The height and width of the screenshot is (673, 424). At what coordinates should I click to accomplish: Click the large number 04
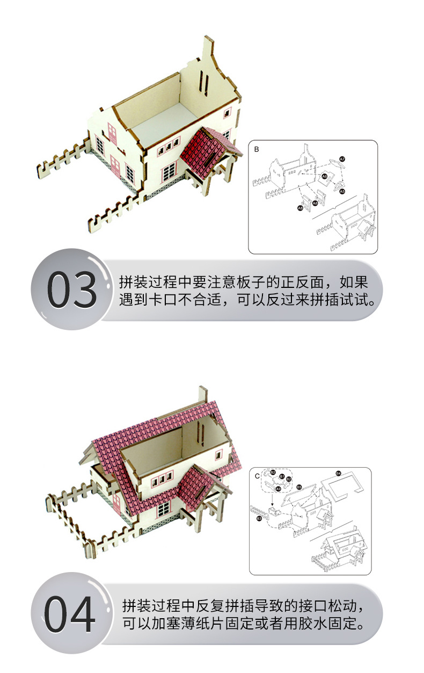[x=70, y=614]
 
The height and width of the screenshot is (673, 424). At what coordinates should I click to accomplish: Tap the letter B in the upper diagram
[x=256, y=149]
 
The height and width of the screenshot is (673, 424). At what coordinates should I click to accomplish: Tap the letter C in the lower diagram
[x=257, y=476]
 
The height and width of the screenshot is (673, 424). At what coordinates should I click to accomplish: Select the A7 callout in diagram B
[x=342, y=159]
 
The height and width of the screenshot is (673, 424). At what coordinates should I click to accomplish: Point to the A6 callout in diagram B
[x=324, y=176]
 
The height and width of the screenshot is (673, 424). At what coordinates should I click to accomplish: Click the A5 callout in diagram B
[x=342, y=191]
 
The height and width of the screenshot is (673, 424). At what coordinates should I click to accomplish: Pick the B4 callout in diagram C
[x=338, y=473]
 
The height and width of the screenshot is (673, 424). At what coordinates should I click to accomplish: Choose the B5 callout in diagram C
[x=299, y=487]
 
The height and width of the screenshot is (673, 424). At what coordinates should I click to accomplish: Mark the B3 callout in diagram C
[x=259, y=518]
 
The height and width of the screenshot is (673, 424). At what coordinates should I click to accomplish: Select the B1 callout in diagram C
[x=282, y=476]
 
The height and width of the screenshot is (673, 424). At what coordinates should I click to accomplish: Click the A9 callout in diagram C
[x=278, y=489]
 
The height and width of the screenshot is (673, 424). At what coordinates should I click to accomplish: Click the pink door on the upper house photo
[x=112, y=133]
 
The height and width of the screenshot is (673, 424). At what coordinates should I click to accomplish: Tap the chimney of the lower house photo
[x=202, y=395]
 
